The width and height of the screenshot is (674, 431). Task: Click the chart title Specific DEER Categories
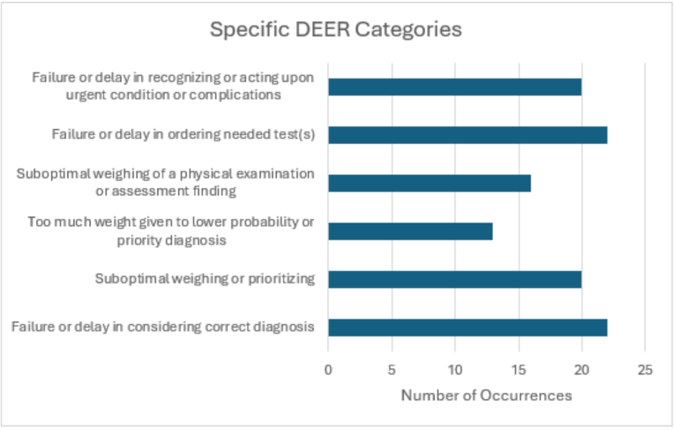click(x=336, y=30)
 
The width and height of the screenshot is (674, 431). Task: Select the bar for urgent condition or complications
click(x=455, y=87)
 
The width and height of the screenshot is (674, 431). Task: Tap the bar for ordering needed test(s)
click(x=468, y=135)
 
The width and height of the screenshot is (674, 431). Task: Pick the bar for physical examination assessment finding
click(x=430, y=183)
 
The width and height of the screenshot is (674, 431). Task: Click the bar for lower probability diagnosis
click(x=410, y=231)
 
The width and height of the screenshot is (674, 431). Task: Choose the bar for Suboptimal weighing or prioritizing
click(x=455, y=280)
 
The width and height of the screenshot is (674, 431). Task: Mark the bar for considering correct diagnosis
click(x=468, y=328)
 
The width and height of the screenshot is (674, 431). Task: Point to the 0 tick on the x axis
click(x=328, y=370)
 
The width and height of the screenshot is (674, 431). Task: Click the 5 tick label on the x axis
click(x=392, y=370)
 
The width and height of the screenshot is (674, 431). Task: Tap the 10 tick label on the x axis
click(x=455, y=370)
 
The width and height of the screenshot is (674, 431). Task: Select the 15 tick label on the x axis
click(x=519, y=370)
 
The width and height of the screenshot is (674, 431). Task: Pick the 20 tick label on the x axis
click(x=581, y=370)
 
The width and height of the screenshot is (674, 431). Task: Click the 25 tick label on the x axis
click(x=645, y=370)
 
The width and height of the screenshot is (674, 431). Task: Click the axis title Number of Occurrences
click(x=487, y=396)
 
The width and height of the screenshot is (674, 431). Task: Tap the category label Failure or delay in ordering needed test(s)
click(x=183, y=134)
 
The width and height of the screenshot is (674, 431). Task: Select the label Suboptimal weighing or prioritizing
click(x=205, y=279)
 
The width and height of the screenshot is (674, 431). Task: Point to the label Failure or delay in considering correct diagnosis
click(x=163, y=327)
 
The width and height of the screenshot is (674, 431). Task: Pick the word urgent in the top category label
click(x=86, y=95)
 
